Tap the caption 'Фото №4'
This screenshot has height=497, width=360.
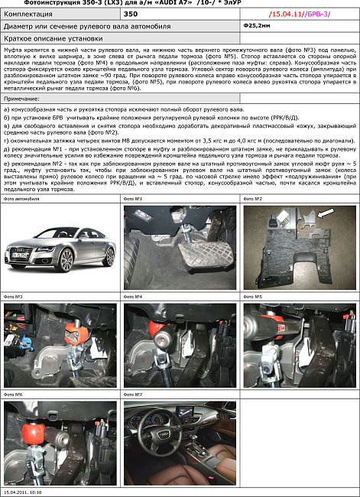(134, 297)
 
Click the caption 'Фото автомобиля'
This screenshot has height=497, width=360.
(21, 198)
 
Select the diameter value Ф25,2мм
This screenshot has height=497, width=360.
(255, 25)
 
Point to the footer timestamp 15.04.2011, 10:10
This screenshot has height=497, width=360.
(23, 493)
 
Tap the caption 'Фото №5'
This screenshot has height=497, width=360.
(253, 297)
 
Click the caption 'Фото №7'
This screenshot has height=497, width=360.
(134, 395)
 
